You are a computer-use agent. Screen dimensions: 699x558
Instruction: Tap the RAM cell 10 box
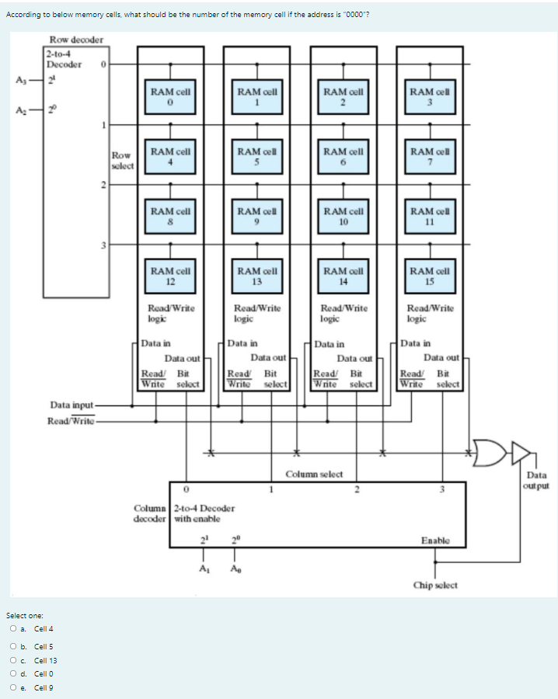344,215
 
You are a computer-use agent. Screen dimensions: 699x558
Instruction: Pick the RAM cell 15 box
430,275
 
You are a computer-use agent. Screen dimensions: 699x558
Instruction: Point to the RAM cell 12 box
171,275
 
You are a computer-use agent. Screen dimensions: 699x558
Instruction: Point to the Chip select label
435,585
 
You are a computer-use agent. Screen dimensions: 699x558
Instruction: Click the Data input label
71,405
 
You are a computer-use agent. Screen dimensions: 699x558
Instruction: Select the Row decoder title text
76,40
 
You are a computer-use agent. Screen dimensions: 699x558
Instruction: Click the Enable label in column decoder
434,540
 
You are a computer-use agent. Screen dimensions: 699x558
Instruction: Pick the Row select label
122,160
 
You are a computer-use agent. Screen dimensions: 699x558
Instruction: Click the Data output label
537,480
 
